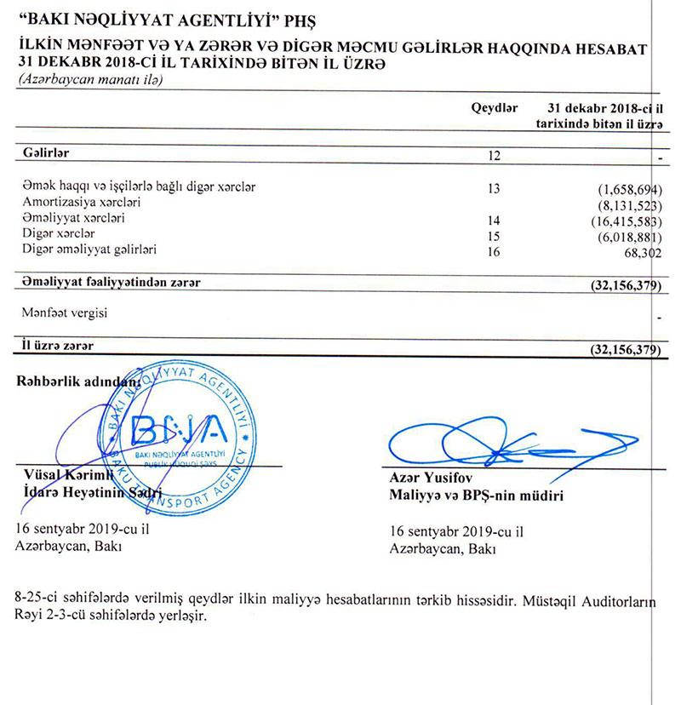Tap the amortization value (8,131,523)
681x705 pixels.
point(629,203)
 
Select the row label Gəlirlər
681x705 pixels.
point(44,153)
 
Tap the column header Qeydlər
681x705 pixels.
point(495,109)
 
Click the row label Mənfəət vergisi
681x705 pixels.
point(64,313)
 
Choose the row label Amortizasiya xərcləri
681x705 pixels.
point(81,203)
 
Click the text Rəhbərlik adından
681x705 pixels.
point(77,381)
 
